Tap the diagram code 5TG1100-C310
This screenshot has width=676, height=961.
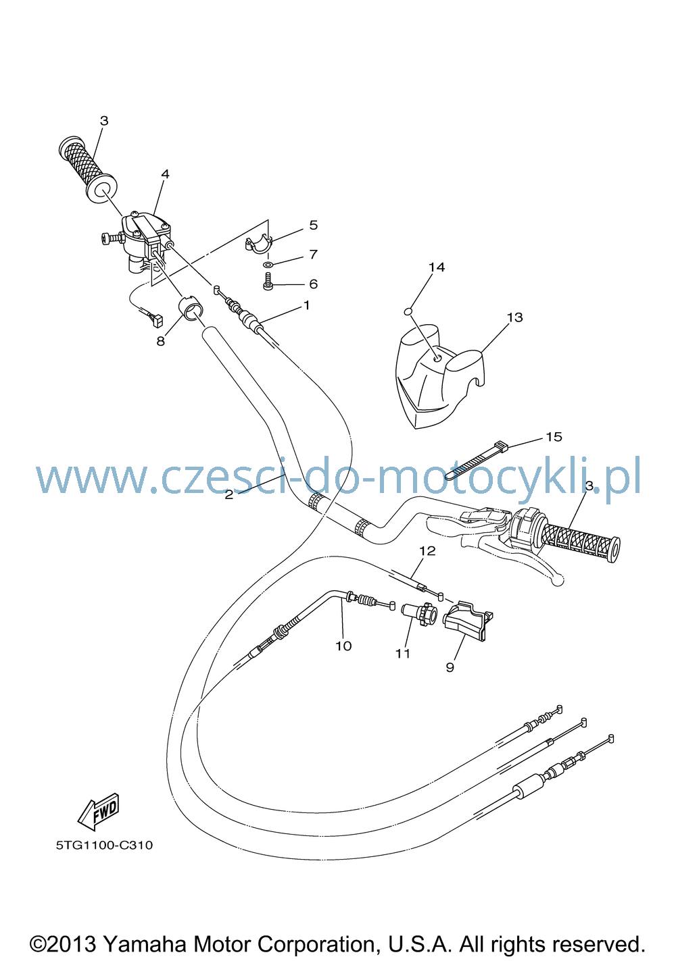point(104,845)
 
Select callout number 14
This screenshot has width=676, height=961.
point(436,267)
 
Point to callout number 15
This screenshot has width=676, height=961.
point(554,436)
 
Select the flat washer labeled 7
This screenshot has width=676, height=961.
point(268,264)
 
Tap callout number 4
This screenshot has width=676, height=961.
point(165,174)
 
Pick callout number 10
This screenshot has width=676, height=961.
point(343,646)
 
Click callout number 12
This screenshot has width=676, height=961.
point(427,550)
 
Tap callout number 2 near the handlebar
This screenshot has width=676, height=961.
point(229,494)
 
